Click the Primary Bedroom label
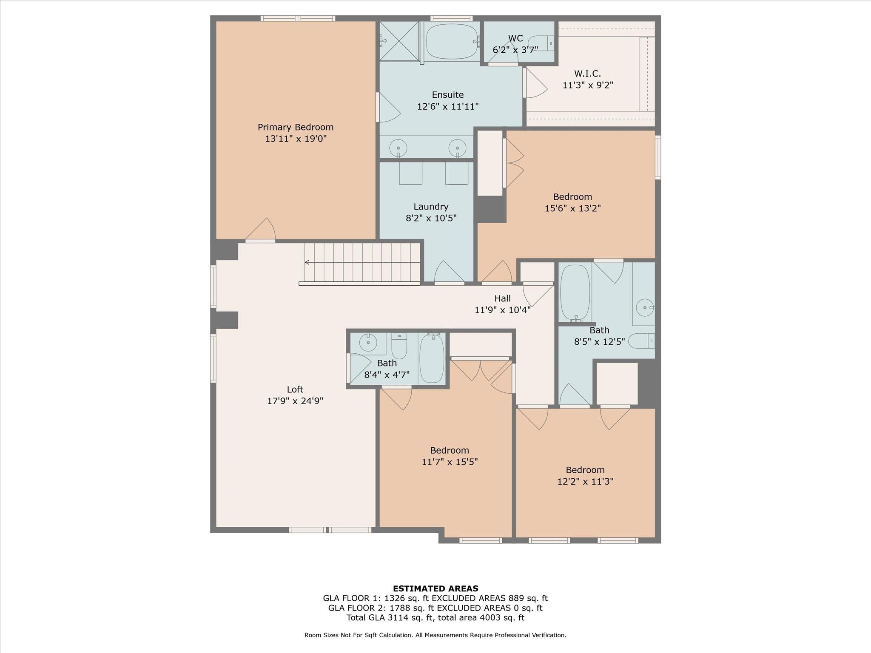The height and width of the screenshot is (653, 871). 296,127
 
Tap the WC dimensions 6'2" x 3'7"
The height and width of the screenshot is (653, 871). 515,50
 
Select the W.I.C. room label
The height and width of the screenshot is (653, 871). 587,74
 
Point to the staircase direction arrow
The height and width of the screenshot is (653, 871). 307,262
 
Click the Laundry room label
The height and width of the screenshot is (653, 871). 431,207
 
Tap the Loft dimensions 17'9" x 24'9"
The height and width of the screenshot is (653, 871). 295,401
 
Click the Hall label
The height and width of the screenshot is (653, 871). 502,298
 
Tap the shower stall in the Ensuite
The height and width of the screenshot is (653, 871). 399,41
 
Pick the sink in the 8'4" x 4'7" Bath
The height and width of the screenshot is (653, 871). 368,342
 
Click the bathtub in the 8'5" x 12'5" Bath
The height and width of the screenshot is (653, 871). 575,292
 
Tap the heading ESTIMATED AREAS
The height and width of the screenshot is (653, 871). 435,588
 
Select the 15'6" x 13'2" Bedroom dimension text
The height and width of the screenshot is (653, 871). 572,208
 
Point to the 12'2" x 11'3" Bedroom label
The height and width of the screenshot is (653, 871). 585,470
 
